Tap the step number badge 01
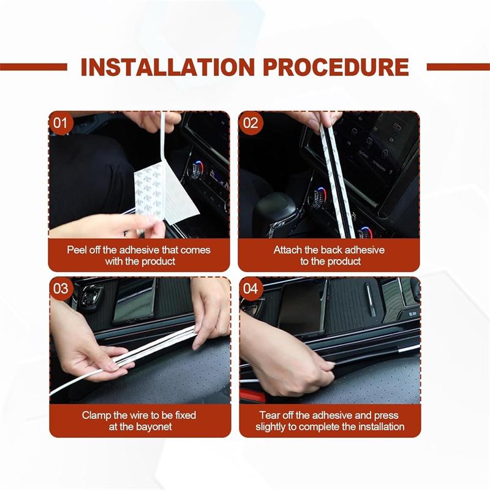(60, 123)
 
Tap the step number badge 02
(251, 123)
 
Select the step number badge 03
(60, 288)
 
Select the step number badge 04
(251, 288)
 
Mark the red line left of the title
(34, 67)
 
